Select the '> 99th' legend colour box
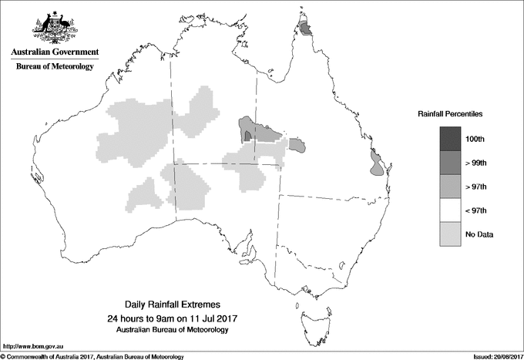451,162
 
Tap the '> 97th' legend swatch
451,186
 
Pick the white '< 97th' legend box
451,210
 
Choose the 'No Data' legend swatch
451,234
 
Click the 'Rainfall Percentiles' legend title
450,113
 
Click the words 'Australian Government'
55,52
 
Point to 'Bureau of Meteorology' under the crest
55,67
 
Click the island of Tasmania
311,312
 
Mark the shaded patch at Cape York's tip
306,29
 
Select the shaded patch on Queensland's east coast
375,163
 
